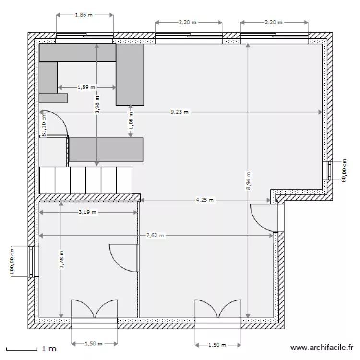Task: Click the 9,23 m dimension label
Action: pyautogui.click(x=180, y=112)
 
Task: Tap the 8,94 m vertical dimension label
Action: pyautogui.click(x=248, y=181)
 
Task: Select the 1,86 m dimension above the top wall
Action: pyautogui.click(x=85, y=15)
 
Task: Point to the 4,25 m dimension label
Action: pyautogui.click(x=204, y=200)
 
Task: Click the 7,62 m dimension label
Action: pyautogui.click(x=155, y=236)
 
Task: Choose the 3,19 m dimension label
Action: pyautogui.click(x=87, y=212)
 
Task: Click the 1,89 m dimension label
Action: pyautogui.click(x=86, y=88)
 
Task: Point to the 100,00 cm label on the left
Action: pyautogui.click(x=12, y=262)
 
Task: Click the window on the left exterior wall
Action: pyautogui.click(x=33, y=262)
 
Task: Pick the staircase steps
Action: pyautogui.click(x=85, y=180)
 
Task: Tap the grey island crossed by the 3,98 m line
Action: pyautogui.click(x=107, y=149)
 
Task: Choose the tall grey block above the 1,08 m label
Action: pyautogui.click(x=130, y=74)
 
